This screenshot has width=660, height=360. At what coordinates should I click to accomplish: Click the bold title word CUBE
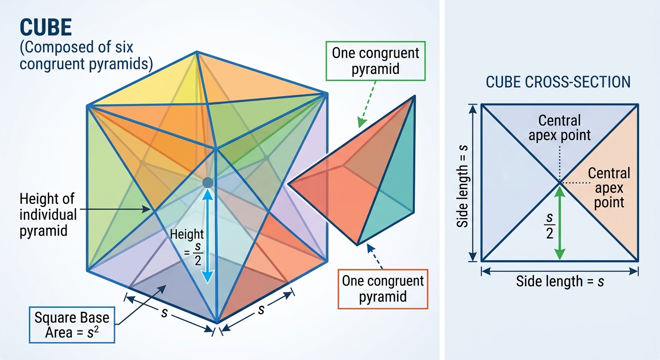45,27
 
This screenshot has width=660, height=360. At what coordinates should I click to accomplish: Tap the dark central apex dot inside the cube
208,183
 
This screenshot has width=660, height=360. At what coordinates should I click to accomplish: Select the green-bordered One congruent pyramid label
375,61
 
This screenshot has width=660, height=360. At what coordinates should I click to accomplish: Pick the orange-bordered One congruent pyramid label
383,289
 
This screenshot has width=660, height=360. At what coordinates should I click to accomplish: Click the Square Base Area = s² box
72,325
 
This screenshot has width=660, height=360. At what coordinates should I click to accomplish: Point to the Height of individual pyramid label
48,215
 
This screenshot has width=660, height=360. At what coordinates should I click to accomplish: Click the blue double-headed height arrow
208,236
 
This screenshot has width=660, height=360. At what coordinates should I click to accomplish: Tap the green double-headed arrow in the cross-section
560,223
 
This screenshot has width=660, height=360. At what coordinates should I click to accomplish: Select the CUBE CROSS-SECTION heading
558,82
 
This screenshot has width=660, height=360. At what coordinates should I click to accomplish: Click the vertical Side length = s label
463,187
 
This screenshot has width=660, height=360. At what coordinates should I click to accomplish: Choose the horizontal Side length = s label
560,281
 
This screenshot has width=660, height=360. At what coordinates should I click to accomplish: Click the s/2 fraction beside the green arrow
549,225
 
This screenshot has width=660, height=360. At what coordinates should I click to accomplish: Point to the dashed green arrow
367,105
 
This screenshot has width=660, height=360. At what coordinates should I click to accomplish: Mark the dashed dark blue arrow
375,256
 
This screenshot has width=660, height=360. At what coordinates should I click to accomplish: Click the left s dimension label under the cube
165,313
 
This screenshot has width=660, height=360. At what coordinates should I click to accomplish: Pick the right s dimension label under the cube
261,310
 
